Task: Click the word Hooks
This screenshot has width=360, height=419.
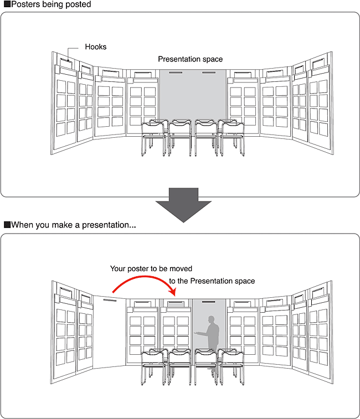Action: click(x=95, y=47)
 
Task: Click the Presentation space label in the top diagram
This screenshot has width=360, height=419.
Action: click(x=190, y=59)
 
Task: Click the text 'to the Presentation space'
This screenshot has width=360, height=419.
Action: click(x=212, y=281)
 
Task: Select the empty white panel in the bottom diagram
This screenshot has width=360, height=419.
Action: click(x=109, y=332)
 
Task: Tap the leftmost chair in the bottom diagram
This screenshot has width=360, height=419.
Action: click(x=153, y=365)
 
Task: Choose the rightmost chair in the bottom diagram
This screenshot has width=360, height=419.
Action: click(x=232, y=365)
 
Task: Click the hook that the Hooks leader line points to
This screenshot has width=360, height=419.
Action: click(x=65, y=61)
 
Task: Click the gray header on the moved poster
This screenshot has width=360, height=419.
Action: click(x=176, y=303)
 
